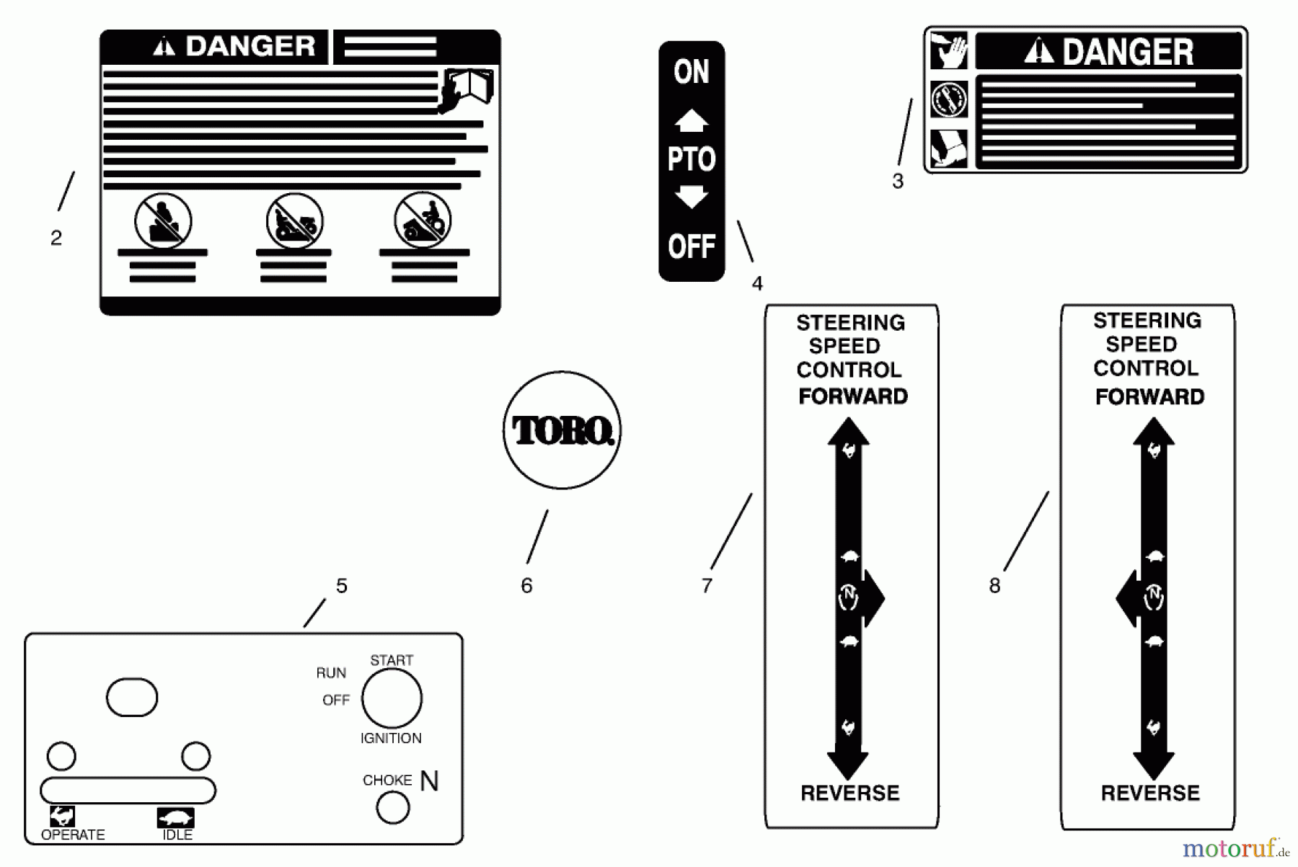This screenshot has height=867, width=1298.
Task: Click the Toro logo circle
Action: pyautogui.click(x=562, y=430)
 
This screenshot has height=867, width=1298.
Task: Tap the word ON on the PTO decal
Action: pyautogui.click(x=691, y=72)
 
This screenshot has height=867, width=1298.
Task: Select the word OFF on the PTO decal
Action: pyautogui.click(x=691, y=246)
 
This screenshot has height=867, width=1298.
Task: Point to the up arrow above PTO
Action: pyautogui.click(x=691, y=120)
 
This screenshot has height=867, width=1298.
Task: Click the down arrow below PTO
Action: pyautogui.click(x=691, y=197)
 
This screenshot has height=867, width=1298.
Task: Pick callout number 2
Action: pyautogui.click(x=56, y=238)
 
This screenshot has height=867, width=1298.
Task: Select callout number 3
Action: pyautogui.click(x=898, y=182)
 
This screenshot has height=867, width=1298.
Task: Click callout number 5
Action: pyautogui.click(x=342, y=586)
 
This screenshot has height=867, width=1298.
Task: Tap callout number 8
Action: pyautogui.click(x=995, y=586)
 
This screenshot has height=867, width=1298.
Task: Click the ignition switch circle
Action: pyautogui.click(x=392, y=698)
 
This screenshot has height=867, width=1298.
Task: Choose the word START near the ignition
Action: pyautogui.click(x=392, y=660)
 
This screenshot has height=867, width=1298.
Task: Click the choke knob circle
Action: pyautogui.click(x=393, y=808)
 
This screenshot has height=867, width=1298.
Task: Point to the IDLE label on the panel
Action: pyautogui.click(x=177, y=835)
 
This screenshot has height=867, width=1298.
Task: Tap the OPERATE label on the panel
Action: pyautogui.click(x=73, y=835)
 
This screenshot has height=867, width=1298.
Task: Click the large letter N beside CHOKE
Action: pyautogui.click(x=429, y=781)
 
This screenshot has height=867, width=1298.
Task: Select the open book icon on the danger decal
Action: pyautogui.click(x=469, y=88)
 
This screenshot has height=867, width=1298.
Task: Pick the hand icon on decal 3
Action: pyautogui.click(x=949, y=50)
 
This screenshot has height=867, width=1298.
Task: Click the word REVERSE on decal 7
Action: pyautogui.click(x=850, y=793)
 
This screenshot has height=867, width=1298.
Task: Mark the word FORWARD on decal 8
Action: pyautogui.click(x=1149, y=397)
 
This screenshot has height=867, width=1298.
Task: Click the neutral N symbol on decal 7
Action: pyautogui.click(x=849, y=597)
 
